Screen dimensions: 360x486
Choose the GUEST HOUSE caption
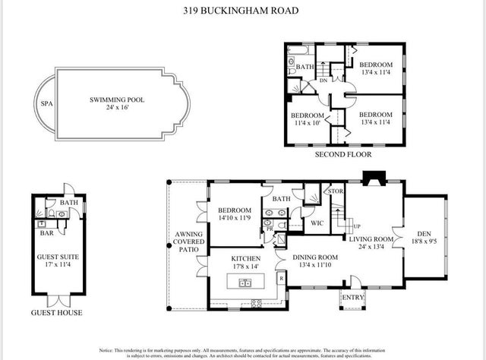point(57,312)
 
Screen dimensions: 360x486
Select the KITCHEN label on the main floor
point(246,258)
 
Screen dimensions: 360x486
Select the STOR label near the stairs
point(335,191)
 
